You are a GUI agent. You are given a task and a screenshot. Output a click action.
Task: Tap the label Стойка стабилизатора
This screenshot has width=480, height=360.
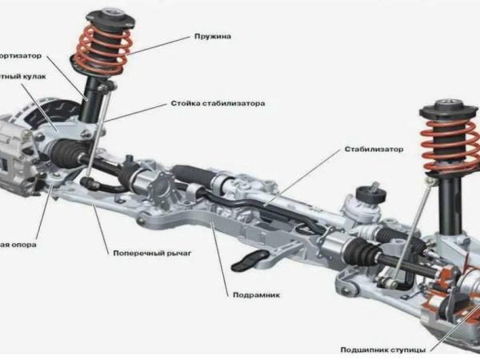pyautogui.click(x=218, y=103)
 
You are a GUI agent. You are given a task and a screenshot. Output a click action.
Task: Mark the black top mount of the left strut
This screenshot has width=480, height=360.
pyautogui.click(x=109, y=18)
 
